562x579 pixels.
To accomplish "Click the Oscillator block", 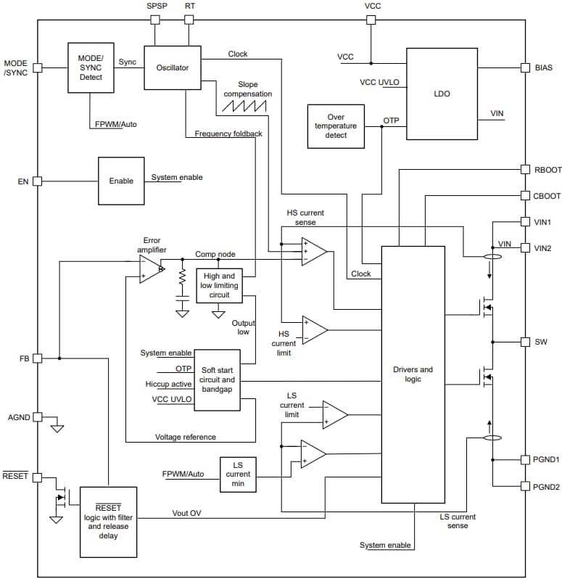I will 172,67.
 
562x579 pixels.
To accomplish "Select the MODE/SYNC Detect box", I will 91,67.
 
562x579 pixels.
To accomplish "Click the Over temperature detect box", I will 336,126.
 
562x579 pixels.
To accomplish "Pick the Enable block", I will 121,181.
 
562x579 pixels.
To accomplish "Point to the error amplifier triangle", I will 150,270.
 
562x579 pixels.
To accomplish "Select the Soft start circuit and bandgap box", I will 218,379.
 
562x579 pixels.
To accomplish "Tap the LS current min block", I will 237,475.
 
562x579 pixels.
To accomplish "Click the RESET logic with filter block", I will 107,521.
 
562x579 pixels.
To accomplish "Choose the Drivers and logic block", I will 413,374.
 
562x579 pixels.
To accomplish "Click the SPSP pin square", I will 155,20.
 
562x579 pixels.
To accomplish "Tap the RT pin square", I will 189,20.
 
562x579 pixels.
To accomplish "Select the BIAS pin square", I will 526,67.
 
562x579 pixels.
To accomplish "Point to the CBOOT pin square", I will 526,196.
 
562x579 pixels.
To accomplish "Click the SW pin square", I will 526,341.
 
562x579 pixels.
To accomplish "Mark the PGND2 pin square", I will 526,486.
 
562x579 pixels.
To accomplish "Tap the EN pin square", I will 38,181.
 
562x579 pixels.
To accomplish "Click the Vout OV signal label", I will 186,513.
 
